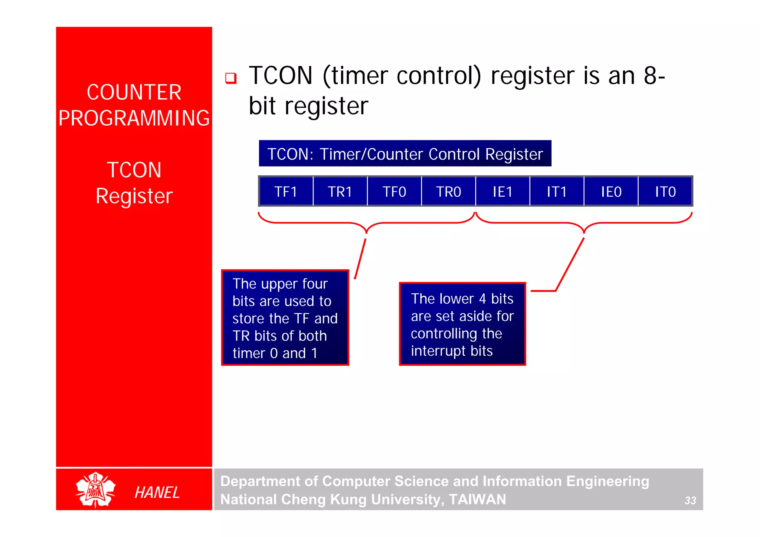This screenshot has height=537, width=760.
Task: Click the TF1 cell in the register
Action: coord(286,191)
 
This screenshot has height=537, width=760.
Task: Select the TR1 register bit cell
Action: coord(340,191)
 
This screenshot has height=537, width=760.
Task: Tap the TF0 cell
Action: coord(394,191)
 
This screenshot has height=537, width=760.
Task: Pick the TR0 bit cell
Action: coord(448,191)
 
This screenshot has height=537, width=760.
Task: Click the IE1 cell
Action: coord(502,191)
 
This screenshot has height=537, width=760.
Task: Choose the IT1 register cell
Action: coord(557,191)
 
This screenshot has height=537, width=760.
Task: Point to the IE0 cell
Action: coord(611,191)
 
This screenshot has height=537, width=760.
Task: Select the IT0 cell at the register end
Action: coord(665,191)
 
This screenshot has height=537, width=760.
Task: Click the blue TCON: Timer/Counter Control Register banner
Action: coord(405,154)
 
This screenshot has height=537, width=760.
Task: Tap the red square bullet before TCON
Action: coord(231,78)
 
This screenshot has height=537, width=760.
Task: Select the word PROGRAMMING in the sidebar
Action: coord(134,118)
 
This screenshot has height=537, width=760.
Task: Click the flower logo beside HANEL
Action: coord(95,490)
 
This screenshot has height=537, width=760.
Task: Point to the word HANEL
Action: coord(157,492)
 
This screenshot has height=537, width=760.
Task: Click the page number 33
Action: coord(690,500)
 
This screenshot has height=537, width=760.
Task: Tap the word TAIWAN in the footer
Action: coord(477,499)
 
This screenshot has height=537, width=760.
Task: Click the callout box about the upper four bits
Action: coord(285,318)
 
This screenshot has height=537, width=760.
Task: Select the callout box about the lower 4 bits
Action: coord(462,324)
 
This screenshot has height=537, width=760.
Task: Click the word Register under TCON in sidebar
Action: coord(134,196)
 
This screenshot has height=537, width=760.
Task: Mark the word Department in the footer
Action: coord(260,481)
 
